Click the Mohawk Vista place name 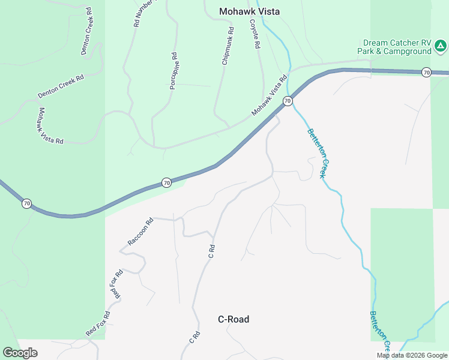249,11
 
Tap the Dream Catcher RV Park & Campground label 397,47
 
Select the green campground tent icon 441,45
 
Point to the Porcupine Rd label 173,71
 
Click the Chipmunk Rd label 227,46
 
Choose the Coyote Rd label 255,33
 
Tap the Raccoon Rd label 140,232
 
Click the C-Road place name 233,319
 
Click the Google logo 20,352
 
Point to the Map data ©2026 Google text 412,355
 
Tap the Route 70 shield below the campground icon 426,73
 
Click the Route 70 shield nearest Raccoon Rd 166,182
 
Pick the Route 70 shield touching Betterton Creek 288,101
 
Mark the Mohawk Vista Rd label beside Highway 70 270,95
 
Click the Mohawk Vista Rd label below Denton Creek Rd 51,126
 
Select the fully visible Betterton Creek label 317,153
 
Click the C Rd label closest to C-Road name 194,337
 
